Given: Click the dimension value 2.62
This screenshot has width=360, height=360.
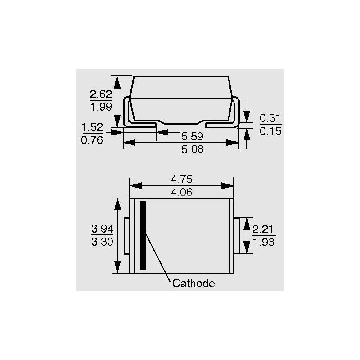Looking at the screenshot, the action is coord(101,94).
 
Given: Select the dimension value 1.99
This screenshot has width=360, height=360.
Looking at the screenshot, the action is coord(101,107).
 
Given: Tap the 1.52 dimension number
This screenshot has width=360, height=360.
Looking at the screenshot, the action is coord(92,127).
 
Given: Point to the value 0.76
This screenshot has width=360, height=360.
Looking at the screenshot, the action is coord(92,140).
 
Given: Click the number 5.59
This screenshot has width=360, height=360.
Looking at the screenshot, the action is coord(193,137).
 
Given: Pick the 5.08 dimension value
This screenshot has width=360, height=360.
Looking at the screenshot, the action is coord(193,149).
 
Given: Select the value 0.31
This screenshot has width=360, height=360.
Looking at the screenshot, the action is coord(270,118).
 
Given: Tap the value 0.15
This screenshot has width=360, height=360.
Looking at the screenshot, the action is coord(270,131).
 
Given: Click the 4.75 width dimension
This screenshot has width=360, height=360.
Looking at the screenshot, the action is coord(182,179).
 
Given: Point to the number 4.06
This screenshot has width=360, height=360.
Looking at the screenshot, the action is coord(182,192).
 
